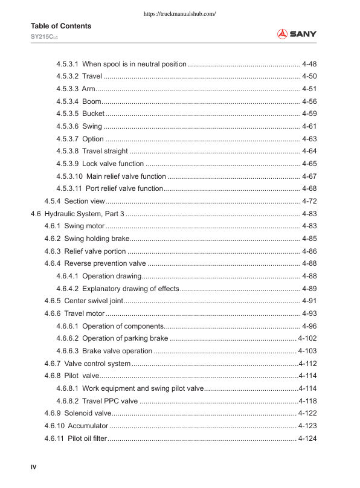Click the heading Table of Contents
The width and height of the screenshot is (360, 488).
[61, 26]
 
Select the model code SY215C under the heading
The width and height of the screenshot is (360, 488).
[44, 37]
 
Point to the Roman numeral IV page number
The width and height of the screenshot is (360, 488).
[34, 466]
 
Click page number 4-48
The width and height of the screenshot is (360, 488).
[309, 64]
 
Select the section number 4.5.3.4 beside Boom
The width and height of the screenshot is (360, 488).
[67, 101]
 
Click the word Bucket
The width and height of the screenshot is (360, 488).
[94, 114]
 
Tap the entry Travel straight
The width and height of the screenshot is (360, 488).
[105, 151]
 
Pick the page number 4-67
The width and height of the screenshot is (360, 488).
[309, 176]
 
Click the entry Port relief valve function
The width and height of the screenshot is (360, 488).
[124, 188]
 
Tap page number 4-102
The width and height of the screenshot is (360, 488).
[307, 338]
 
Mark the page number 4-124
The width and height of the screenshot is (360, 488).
[307, 438]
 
